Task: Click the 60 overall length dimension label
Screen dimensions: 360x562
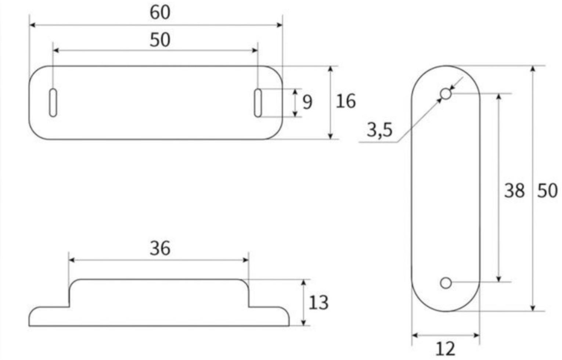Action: pos(160,12)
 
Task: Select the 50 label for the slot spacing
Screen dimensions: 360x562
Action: pos(160,40)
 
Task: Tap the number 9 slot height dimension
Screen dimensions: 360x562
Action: pos(307,102)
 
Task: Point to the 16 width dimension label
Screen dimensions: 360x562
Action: pos(346,101)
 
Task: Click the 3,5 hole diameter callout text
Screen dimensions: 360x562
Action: pos(379,130)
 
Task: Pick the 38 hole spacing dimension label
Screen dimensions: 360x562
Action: pos(514,191)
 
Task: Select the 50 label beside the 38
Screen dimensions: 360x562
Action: pos(547,191)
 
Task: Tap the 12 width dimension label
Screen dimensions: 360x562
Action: pos(445,349)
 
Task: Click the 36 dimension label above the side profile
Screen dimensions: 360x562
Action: pos(160,248)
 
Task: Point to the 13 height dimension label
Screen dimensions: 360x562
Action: pos(318,303)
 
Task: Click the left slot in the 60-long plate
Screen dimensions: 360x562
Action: pos(53,102)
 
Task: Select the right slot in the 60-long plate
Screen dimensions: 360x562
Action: pos(258,102)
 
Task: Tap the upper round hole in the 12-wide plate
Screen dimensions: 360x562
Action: pos(446,94)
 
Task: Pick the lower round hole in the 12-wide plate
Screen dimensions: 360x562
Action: pos(446,283)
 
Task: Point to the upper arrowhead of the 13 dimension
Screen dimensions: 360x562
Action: pos(303,282)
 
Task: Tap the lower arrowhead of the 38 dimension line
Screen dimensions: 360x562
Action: pos(498,279)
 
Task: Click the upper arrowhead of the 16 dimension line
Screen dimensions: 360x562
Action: pos(331,69)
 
